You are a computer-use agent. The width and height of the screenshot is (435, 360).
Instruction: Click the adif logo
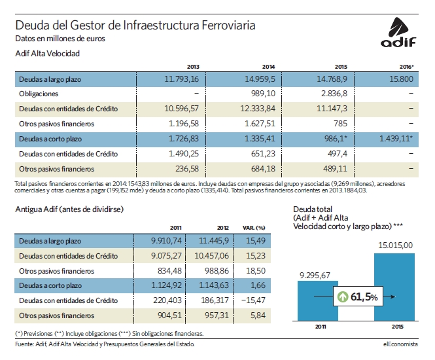click(398, 32)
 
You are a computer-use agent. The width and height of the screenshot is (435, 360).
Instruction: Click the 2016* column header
click(406, 67)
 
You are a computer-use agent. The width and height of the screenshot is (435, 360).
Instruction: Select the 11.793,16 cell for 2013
click(181, 79)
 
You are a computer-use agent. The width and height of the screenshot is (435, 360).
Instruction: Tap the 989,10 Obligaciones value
click(263, 94)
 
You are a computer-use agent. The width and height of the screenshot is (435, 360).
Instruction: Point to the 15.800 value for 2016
click(401, 79)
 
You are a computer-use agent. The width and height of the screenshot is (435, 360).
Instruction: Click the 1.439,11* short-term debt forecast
click(396, 139)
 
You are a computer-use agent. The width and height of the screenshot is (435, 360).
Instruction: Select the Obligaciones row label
click(39, 94)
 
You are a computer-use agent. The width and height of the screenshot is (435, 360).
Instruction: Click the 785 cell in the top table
click(340, 124)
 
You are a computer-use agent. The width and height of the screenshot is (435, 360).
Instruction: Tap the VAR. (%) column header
click(254, 228)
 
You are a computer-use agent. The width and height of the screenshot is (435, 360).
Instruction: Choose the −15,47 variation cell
click(253, 300)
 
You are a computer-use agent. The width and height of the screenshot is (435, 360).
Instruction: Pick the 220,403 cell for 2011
click(167, 300)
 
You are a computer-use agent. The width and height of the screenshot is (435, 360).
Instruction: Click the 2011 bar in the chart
click(318, 301)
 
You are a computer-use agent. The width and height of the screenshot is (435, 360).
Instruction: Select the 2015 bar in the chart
click(394, 287)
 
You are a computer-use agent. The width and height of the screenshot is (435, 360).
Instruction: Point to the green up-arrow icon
click(343, 297)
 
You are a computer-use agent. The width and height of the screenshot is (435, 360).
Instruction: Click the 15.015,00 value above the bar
click(395, 245)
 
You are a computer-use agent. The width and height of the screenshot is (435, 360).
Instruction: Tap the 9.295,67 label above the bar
click(315, 276)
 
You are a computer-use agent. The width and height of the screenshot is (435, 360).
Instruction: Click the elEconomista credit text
click(400, 344)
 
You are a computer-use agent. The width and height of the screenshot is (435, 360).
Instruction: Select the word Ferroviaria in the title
click(228, 26)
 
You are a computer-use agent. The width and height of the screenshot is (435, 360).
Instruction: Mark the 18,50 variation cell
click(256, 270)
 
